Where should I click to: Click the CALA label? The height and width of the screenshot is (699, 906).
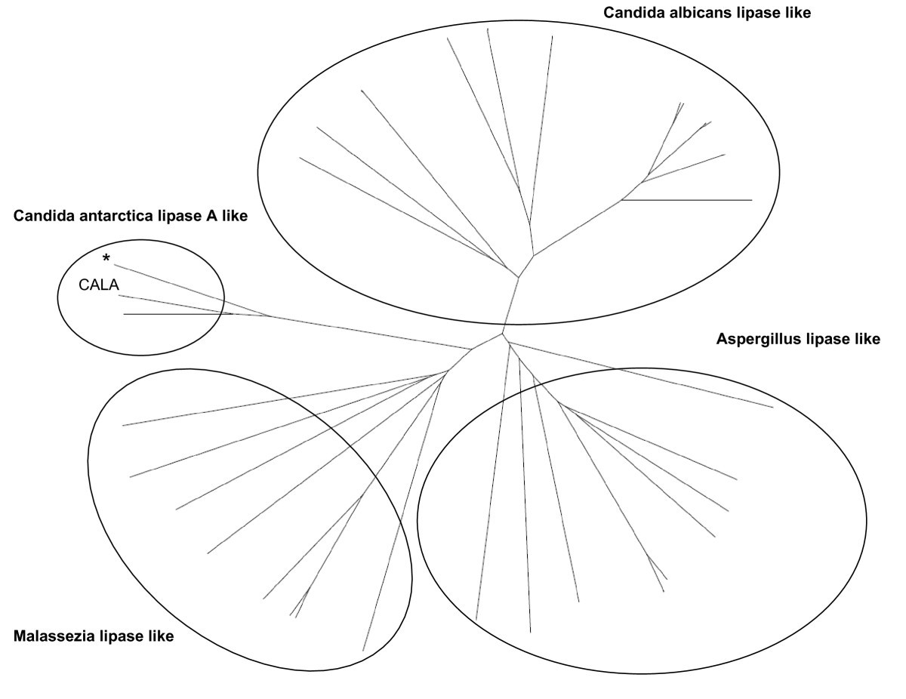[99, 285]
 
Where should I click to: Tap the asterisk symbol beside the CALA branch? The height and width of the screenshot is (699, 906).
[106, 260]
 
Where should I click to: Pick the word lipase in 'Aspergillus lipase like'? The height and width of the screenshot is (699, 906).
[828, 339]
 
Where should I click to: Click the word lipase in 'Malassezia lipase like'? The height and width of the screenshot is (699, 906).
[121, 636]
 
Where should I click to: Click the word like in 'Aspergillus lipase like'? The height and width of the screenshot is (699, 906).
[866, 339]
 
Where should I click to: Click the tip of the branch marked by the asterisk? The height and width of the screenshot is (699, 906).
[114, 265]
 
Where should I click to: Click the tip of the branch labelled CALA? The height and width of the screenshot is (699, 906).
[119, 296]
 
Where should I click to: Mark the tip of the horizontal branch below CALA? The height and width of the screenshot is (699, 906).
[124, 314]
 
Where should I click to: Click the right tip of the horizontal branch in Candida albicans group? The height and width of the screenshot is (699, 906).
[752, 200]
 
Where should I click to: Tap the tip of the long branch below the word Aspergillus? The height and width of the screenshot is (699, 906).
[773, 408]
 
